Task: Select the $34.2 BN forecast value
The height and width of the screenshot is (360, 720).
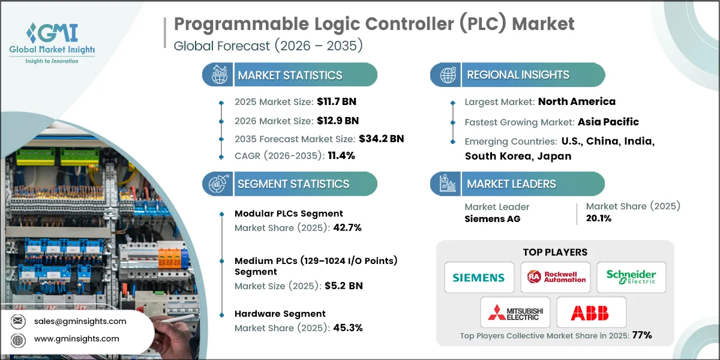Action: click(381, 139)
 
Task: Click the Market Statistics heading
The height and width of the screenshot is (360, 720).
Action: click(290, 75)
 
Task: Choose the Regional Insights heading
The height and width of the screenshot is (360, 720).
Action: click(518, 75)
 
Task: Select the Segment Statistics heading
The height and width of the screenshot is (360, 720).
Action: click(293, 184)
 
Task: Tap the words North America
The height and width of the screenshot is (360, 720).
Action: click(577, 101)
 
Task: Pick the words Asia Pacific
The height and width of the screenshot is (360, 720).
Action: click(608, 122)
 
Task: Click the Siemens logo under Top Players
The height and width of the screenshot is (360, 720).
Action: click(479, 277)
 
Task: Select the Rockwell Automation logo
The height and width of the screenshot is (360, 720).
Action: click(555, 277)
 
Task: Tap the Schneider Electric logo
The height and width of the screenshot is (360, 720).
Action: click(631, 277)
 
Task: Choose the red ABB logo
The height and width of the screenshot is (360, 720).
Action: click(591, 313)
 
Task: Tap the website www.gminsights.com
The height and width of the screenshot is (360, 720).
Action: click(76, 339)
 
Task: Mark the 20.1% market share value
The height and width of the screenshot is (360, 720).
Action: click(598, 218)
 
